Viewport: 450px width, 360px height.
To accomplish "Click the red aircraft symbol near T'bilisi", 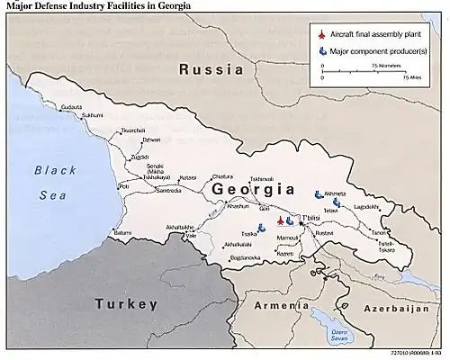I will [x=280, y=220].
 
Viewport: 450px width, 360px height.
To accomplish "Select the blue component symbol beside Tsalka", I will [x=260, y=229].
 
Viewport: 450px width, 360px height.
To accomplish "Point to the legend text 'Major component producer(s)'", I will [x=377, y=51].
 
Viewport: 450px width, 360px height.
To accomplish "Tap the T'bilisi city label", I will [x=310, y=219].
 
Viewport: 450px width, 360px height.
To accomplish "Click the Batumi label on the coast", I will [x=122, y=233].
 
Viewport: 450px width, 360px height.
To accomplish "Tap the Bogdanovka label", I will [x=246, y=257].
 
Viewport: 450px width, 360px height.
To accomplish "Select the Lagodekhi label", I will [x=366, y=206].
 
